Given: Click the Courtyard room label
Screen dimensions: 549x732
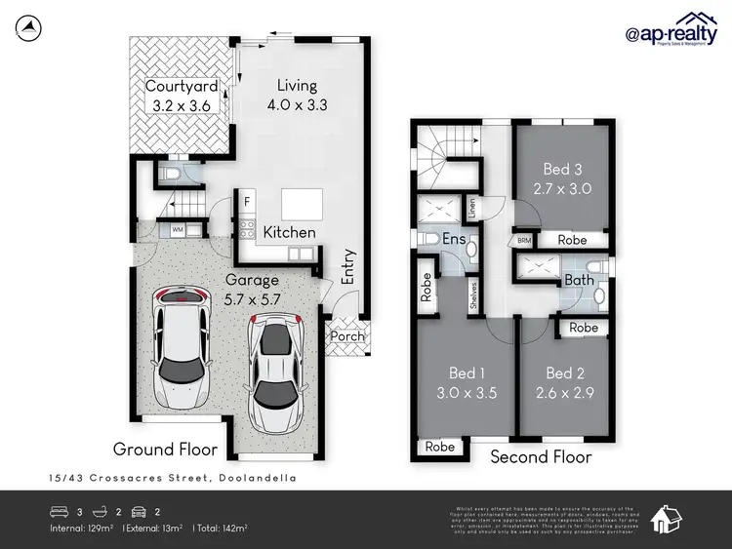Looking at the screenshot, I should pyautogui.click(x=181, y=86).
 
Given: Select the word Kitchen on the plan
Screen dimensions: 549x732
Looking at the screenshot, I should pyautogui.click(x=289, y=232).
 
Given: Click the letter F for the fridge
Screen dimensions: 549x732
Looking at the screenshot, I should pyautogui.click(x=248, y=203).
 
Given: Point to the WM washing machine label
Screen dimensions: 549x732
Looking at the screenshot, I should pyautogui.click(x=178, y=229).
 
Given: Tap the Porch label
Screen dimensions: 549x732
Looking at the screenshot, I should pyautogui.click(x=348, y=336).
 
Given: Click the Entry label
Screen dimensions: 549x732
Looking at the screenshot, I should pyautogui.click(x=348, y=267).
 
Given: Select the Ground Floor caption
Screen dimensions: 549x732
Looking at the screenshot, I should pyautogui.click(x=165, y=450).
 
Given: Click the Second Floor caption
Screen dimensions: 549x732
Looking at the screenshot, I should pyautogui.click(x=541, y=456).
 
